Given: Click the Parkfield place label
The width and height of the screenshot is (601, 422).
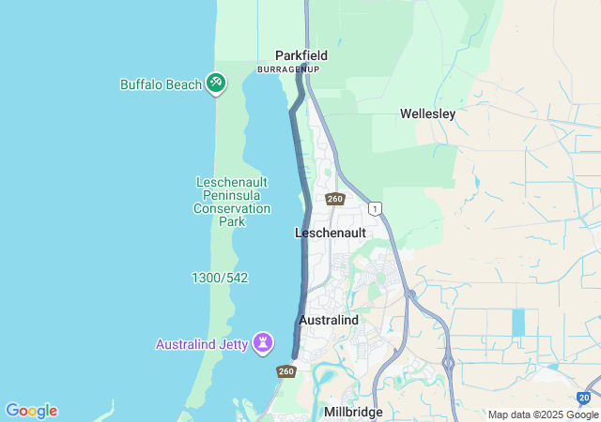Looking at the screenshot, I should pyautogui.click(x=300, y=55).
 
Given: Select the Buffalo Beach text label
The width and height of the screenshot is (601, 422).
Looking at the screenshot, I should pyautogui.click(x=161, y=84).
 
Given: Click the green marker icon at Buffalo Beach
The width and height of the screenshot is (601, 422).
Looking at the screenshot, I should pyautogui.click(x=217, y=83).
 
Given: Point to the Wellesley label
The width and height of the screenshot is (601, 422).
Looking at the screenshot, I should pyautogui.click(x=427, y=113).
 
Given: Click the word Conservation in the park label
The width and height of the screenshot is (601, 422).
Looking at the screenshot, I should pyautogui.click(x=232, y=208).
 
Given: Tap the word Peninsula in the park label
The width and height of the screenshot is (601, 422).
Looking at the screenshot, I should pyautogui.click(x=232, y=195).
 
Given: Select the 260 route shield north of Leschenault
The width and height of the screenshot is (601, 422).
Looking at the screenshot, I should pyautogui.click(x=335, y=199).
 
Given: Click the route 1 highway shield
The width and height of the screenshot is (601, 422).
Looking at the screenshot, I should pyautogui.click(x=376, y=208).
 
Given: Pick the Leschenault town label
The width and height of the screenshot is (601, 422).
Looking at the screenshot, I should pyautogui.click(x=330, y=232).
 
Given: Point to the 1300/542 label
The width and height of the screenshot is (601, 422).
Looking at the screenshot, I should pyautogui.click(x=220, y=279).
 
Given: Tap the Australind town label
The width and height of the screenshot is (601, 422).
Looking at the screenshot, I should pyautogui.click(x=328, y=321).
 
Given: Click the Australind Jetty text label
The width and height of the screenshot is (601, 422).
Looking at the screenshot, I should pyautogui.click(x=201, y=344).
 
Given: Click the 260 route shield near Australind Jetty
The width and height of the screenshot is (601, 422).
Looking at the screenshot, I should pyautogui.click(x=286, y=371).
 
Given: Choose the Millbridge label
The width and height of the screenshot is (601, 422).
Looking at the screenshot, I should pyautogui.click(x=354, y=412).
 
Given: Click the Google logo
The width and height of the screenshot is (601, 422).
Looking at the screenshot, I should pyautogui.click(x=31, y=411).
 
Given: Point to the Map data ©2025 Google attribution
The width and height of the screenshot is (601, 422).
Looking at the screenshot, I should pyautogui.click(x=542, y=414).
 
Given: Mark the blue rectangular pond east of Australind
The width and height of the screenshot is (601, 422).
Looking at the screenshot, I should pyautogui.click(x=518, y=323).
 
